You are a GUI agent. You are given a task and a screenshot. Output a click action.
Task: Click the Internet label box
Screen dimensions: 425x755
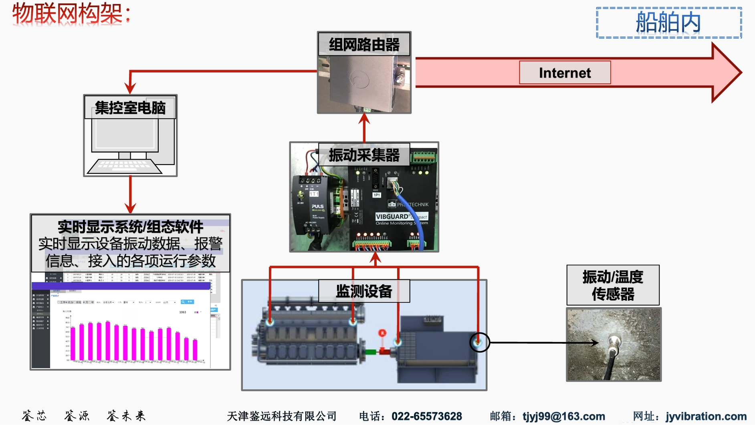coord(565,73)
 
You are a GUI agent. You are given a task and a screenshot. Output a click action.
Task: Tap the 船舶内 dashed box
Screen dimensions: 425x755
coord(668,22)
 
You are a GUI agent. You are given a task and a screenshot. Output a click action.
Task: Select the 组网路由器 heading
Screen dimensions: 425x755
coord(364,44)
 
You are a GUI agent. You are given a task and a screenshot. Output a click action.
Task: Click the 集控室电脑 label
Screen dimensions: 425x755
coord(130,107)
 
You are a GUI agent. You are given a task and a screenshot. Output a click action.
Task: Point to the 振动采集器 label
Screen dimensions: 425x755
coord(364,155)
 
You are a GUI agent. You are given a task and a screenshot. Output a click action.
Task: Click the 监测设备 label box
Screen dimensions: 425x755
coord(364,291)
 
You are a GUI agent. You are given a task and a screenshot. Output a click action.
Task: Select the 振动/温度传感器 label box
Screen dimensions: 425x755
coord(613,285)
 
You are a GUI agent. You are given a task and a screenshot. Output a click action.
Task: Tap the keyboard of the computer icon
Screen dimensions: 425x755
coord(125,166)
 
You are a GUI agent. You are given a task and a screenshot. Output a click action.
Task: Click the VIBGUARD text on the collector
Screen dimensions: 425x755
coord(392,216)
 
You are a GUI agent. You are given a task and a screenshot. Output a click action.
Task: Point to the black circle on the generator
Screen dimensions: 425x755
coord(479,342)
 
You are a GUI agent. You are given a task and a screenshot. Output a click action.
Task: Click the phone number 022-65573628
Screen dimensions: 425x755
coord(426,416)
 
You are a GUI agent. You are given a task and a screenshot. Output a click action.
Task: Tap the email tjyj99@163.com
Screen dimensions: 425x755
coord(563,416)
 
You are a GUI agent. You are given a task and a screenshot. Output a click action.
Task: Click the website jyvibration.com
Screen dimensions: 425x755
coord(706,416)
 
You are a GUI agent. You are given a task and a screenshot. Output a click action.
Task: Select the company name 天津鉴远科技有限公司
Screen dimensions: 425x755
coord(281,416)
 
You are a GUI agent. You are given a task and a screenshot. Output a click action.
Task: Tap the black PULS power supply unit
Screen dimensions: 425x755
coord(311,204)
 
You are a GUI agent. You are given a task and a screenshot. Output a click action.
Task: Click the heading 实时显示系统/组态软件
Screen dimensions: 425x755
coord(130,227)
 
